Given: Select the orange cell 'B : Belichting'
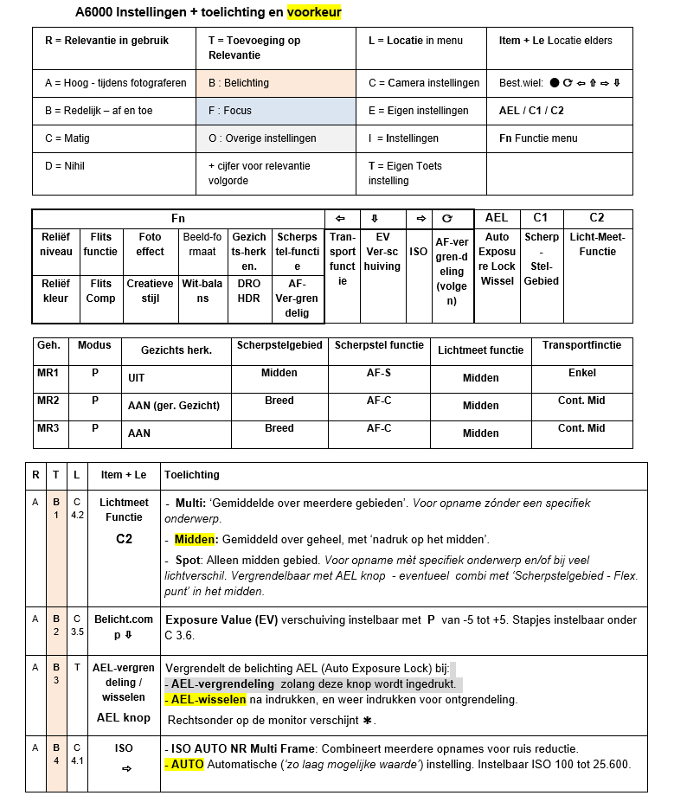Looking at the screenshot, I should (280, 83).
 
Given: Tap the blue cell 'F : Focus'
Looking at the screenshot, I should (280, 111).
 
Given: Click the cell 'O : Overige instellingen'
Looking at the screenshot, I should (280, 138).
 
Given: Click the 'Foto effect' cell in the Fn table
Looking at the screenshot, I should (150, 244).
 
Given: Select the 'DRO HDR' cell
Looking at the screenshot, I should (249, 291).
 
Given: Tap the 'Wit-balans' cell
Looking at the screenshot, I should (202, 291).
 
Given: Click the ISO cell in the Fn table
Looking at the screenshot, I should (419, 252).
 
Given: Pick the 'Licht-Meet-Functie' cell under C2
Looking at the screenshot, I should (597, 244).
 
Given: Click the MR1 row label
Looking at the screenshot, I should (50, 373).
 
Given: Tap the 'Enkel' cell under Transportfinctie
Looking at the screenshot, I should (581, 373).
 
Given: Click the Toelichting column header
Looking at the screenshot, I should (192, 475).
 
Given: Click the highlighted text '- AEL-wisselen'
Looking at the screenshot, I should (205, 699).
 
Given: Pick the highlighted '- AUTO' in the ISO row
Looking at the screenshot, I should (183, 764).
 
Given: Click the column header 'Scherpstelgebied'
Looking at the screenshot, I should (279, 345).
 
